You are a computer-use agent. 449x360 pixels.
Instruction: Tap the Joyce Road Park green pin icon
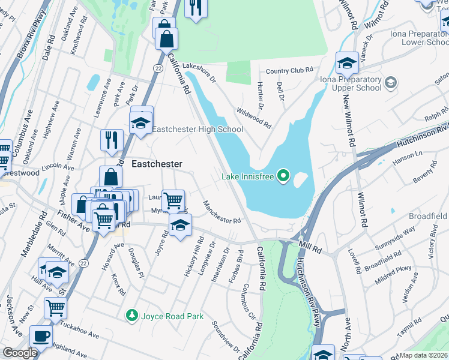tap(131, 315)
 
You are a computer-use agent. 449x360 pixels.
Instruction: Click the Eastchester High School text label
tap(197, 129)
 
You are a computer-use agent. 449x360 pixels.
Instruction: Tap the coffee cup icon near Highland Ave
tap(41, 336)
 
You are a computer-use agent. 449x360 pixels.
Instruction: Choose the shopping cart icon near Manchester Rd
tap(173, 199)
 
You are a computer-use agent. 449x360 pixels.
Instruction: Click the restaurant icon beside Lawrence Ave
tap(112, 140)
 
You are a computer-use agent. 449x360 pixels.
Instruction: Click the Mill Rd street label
tap(312, 245)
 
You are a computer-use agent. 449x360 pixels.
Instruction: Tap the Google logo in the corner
tap(20, 353)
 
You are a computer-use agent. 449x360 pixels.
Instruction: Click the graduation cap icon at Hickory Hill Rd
tap(179, 226)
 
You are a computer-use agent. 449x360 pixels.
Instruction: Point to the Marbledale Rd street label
tap(34, 233)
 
